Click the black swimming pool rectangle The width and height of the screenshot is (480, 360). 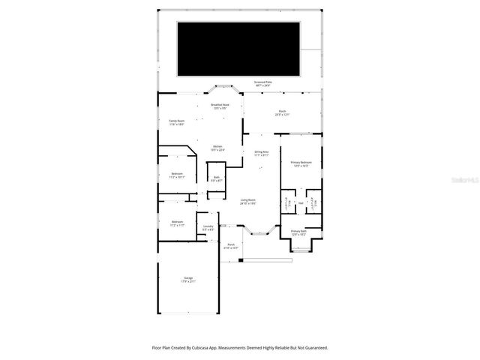[x=238, y=49]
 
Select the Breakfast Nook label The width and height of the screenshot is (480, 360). [x=220, y=106]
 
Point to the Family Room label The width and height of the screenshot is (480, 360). [x=176, y=121]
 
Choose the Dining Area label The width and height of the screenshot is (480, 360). [x=262, y=154]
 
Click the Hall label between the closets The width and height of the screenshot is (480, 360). [x=300, y=202]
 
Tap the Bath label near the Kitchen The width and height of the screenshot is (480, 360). [x=216, y=178]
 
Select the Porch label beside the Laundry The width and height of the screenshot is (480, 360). [x=231, y=245]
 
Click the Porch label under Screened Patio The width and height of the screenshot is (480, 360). [x=281, y=113]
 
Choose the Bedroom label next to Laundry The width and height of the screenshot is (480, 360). [x=177, y=223]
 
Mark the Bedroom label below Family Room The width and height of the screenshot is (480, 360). [x=177, y=175]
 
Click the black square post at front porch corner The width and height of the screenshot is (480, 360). [x=241, y=260]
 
